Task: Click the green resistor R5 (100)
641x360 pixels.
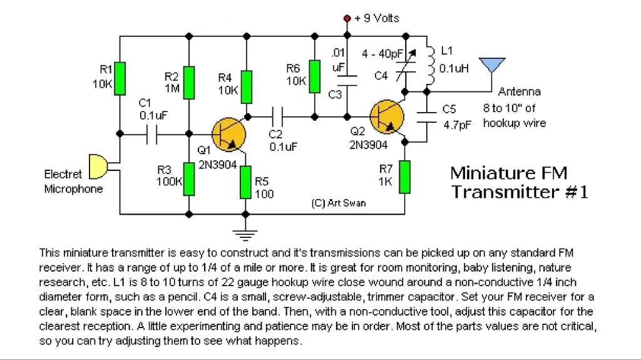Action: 247,182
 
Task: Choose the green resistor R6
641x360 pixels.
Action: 315,76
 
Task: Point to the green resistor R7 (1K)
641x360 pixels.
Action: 405,175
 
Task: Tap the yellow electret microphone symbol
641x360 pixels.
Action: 98,166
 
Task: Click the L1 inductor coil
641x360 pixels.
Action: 431,64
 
